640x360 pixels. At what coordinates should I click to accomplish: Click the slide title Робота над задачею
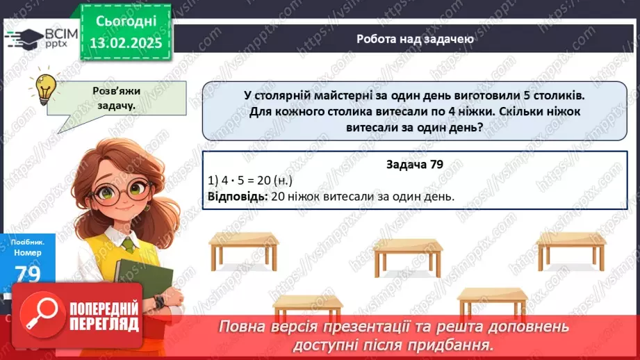coord(416,39)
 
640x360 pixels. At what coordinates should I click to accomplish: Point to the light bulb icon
coord(46,88)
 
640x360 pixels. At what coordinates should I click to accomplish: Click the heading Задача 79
coord(414,165)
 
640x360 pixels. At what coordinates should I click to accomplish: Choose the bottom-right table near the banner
coord(493,300)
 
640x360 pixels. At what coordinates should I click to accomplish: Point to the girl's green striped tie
coord(129,244)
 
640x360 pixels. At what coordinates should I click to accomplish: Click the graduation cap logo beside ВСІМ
coord(25,38)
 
